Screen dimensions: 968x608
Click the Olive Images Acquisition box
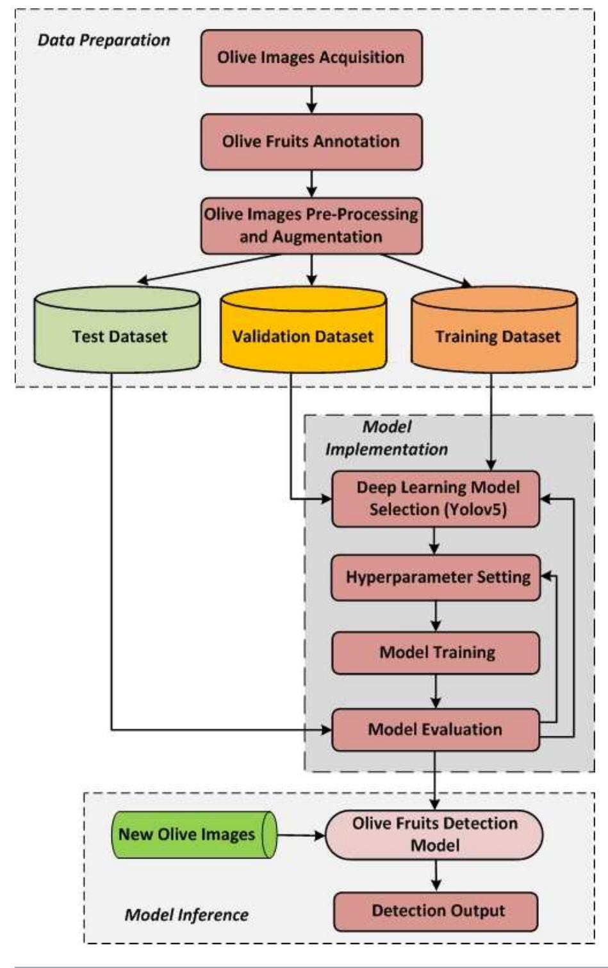coord(311,58)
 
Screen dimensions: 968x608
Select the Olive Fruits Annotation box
coord(311,141)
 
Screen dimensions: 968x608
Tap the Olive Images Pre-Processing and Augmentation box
coord(311,225)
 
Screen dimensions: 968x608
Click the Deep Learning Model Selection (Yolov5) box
coord(436,499)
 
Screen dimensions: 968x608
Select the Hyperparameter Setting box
coord(436,577)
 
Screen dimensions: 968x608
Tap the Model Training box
coord(436,653)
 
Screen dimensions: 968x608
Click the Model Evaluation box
coord(436,730)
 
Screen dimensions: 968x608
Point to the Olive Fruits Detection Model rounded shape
coord(434,834)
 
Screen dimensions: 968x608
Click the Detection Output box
coord(436,911)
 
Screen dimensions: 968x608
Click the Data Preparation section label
coord(104,40)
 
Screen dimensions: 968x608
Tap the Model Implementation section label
coord(386,438)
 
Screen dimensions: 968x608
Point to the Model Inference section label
coord(186,915)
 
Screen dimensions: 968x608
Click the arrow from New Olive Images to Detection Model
coord(301,835)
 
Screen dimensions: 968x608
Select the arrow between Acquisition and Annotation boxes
coord(311,100)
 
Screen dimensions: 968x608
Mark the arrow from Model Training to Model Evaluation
coord(436,691)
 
